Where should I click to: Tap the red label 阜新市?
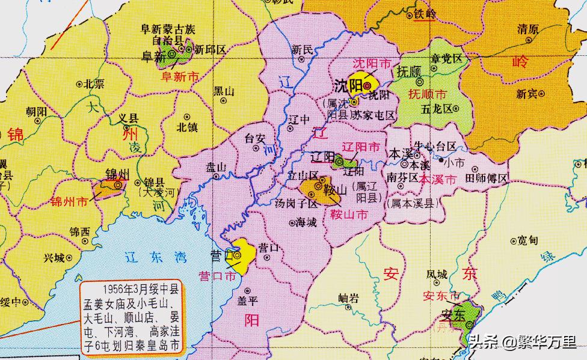[179, 76]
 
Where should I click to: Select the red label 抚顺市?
[428, 95]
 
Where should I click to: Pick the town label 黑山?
[223, 91]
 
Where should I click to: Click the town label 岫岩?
[348, 297]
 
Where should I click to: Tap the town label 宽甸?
[527, 241]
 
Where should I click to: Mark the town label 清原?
[527, 29]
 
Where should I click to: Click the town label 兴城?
[55, 258]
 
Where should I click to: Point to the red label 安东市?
[441, 296]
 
